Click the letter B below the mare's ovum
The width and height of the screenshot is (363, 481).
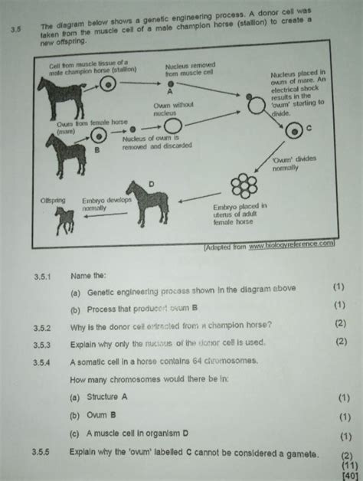point(96,151)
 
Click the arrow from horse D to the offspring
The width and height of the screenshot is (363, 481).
point(106,217)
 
